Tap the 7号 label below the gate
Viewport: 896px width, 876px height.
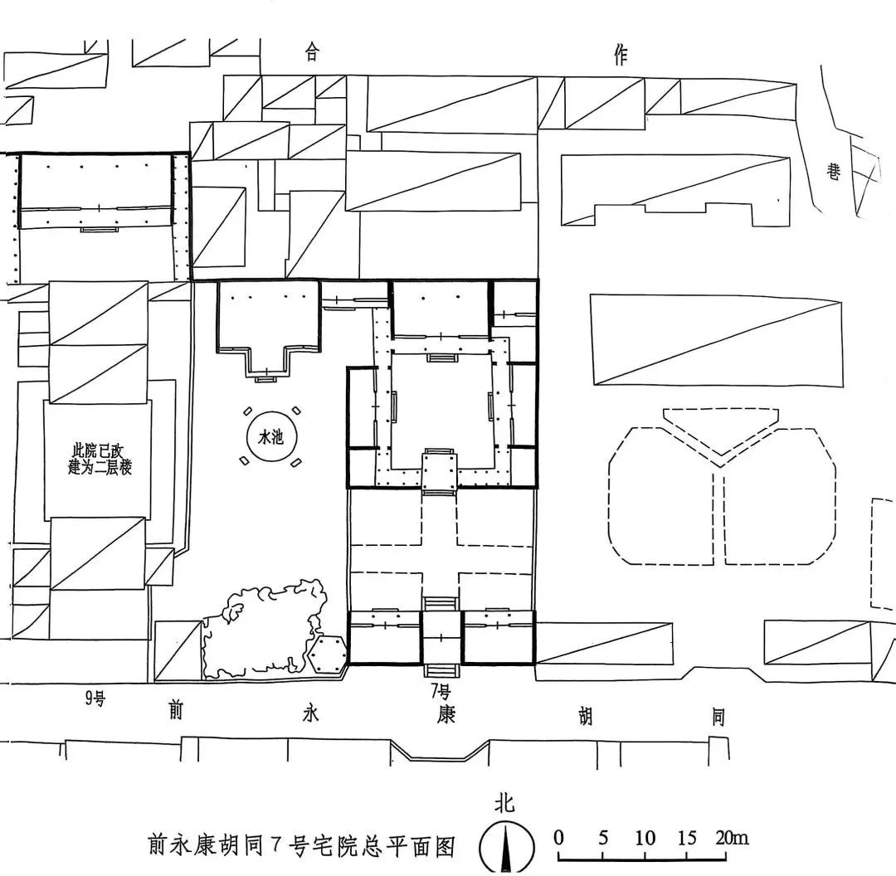click(x=440, y=690)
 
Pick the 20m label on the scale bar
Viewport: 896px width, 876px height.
click(x=730, y=837)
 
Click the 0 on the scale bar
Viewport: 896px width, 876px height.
click(x=559, y=837)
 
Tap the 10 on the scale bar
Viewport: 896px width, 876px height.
click(x=645, y=837)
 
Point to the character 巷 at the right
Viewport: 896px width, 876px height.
click(x=833, y=172)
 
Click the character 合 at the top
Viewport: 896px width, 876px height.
click(x=312, y=54)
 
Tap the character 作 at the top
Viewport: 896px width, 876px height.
click(x=620, y=56)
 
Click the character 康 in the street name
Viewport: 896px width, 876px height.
click(x=446, y=713)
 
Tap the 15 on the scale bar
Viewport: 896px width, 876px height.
click(x=688, y=837)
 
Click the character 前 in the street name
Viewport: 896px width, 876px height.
click(x=175, y=711)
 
